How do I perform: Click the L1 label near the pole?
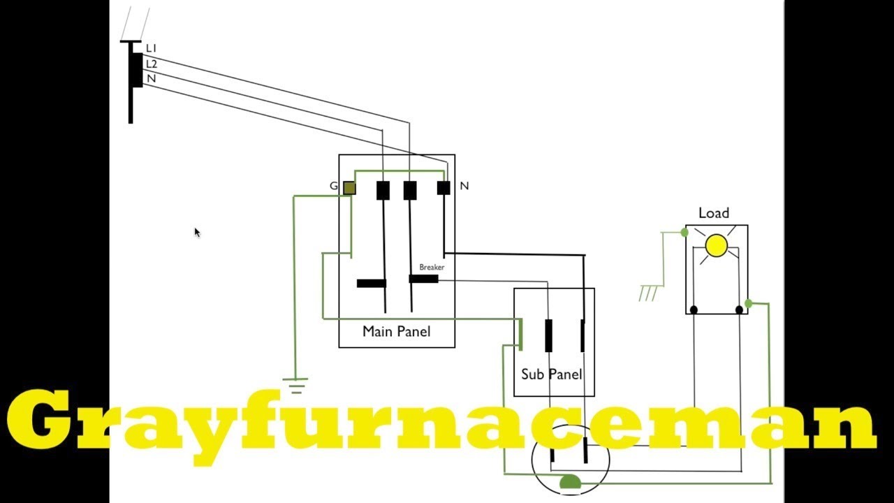(x=152, y=48)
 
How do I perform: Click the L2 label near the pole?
(x=152, y=64)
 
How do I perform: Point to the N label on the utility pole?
(x=152, y=79)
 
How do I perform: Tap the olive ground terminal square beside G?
(x=350, y=188)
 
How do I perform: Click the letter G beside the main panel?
(x=334, y=186)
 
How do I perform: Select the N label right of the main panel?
(x=464, y=186)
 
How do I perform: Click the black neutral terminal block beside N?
(x=444, y=188)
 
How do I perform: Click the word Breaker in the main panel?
(x=432, y=267)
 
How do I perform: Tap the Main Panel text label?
(x=396, y=331)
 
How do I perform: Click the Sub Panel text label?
(x=552, y=374)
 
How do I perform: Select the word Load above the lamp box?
(x=714, y=213)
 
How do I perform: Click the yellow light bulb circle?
(x=717, y=245)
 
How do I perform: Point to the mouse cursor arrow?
(x=197, y=233)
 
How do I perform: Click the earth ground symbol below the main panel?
(x=295, y=386)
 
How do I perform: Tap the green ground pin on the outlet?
(x=570, y=481)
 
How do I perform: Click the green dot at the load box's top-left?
(x=684, y=233)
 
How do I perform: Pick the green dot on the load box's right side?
(x=748, y=304)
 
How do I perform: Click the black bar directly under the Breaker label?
(x=423, y=279)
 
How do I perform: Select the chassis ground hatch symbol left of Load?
(x=648, y=293)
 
